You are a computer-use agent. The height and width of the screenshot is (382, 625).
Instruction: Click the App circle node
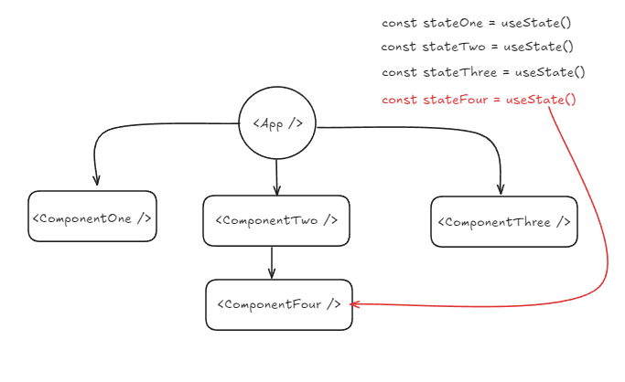click(x=277, y=123)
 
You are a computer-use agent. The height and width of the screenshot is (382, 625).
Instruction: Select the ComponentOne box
click(x=92, y=217)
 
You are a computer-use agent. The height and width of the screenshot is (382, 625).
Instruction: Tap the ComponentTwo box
click(x=276, y=220)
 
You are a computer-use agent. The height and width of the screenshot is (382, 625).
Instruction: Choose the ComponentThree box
click(x=504, y=222)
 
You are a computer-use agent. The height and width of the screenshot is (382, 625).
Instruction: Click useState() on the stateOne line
click(x=539, y=22)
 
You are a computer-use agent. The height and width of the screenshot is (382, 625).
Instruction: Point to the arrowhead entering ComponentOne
click(x=96, y=180)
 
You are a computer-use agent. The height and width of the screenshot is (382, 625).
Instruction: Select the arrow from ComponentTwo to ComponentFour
click(x=272, y=262)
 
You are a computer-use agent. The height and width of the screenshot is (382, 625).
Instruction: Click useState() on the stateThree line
click(x=550, y=72)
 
